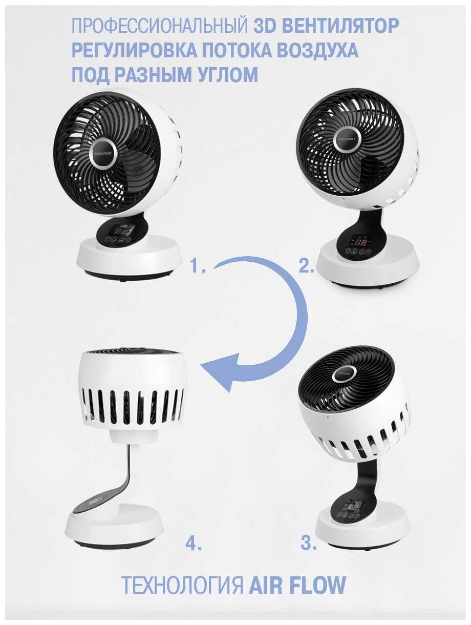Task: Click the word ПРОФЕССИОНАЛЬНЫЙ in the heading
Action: pyautogui.click(x=160, y=26)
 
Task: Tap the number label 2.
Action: pyautogui.click(x=306, y=266)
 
